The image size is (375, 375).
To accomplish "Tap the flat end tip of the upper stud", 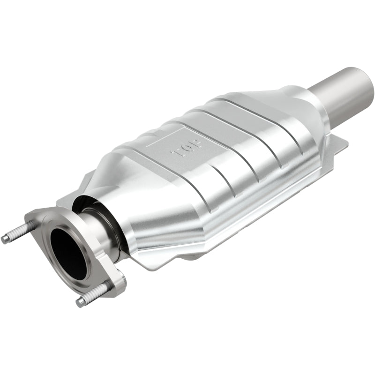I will click(x=5, y=239).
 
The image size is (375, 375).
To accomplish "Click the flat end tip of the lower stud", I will click(x=80, y=302).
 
